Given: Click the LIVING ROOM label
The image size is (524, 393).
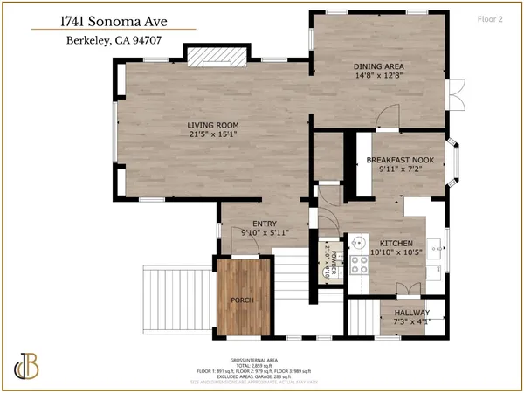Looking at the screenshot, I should tap(213, 125).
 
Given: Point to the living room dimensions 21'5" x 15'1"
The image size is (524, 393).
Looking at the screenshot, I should tap(213, 134).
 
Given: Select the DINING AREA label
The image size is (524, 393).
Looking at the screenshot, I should tap(378, 66).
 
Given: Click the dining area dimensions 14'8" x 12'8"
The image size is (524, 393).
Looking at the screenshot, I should tap(378, 76).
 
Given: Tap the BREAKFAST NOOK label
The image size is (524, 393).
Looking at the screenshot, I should tap(401, 160).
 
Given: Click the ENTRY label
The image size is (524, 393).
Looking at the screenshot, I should tap(264, 224).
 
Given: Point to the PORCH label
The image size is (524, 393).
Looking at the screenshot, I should tap(242, 300).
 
